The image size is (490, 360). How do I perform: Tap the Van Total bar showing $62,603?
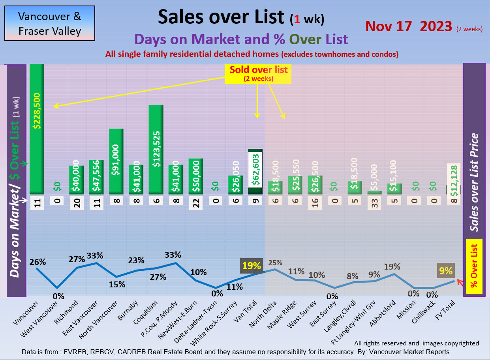pos(255,172)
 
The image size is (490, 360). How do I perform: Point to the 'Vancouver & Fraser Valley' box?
pos(50,23)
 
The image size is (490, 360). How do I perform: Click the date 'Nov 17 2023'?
pos(409,26)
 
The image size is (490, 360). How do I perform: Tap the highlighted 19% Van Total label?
pos(251,266)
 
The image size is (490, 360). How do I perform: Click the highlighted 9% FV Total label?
pos(445,271)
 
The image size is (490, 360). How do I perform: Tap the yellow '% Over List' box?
pos(474,267)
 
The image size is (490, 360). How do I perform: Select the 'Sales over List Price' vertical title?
pos(474,182)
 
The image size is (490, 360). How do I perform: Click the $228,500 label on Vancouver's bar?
pos(36,111)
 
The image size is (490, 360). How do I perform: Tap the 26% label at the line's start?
pos(38,262)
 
